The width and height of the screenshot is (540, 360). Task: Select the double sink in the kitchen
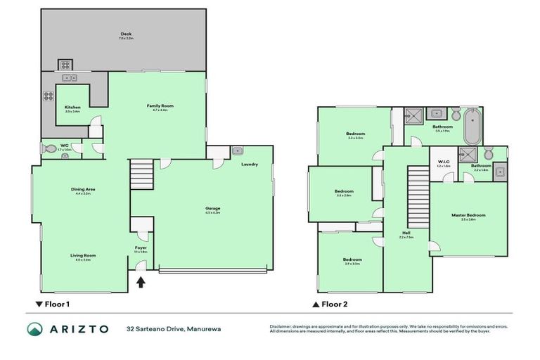pyautogui.click(x=70, y=77)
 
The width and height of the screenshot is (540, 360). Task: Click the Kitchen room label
pyautogui.click(x=72, y=108)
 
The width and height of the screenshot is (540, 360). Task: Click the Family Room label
pyautogui.click(x=160, y=106)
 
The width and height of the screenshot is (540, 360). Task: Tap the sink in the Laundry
pyautogui.click(x=237, y=150)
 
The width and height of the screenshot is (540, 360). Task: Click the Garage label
pyautogui.click(x=212, y=209)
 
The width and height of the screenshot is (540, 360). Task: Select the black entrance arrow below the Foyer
pyautogui.click(x=141, y=283)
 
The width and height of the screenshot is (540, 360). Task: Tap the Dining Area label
pyautogui.click(x=83, y=189)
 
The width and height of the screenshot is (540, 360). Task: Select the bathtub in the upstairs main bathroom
pyautogui.click(x=470, y=126)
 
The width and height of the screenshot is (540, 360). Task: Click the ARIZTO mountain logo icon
pyautogui.click(x=34, y=329)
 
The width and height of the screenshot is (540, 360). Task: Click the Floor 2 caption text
pyautogui.click(x=334, y=305)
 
